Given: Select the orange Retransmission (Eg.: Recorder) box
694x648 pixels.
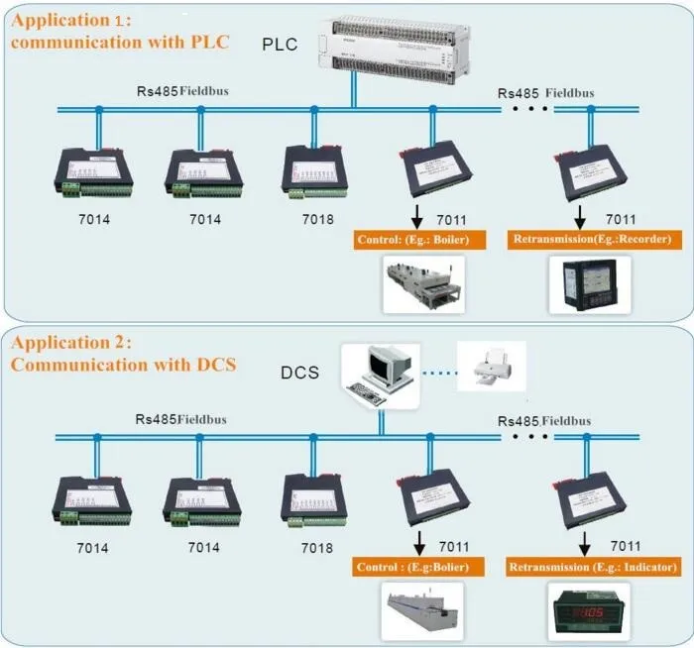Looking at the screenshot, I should point(593,240).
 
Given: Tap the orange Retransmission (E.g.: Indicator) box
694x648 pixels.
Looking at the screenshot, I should point(593,568).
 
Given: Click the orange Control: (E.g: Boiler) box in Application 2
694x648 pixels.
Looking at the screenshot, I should point(418,568).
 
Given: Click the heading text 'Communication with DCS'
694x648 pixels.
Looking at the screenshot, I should point(123,364).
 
